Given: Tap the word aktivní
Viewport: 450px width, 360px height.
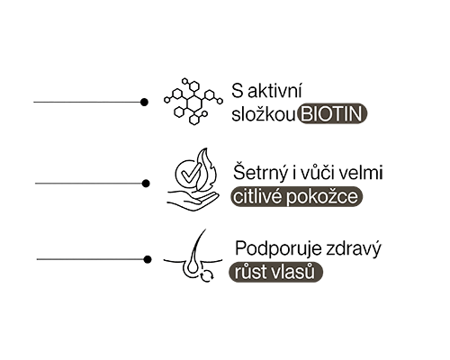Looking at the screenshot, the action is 274,91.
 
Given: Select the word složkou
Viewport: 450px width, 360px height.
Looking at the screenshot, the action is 264,114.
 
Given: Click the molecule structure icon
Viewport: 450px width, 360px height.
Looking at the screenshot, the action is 193,101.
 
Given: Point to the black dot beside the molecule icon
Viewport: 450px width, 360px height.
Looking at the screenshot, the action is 144,103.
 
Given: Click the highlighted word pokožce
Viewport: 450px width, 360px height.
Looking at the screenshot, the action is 322,197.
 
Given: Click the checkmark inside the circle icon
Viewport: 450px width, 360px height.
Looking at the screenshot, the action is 188,175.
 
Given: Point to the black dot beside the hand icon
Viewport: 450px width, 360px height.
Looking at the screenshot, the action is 146,184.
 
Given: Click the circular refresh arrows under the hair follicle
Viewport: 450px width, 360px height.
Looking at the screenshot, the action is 207,275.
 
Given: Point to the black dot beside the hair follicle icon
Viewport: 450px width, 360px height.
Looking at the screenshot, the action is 148,259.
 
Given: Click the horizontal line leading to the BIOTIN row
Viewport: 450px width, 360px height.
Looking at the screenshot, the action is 87,103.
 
